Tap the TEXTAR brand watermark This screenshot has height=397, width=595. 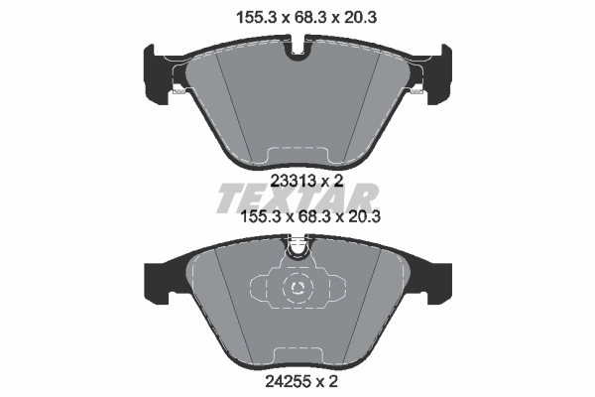click(x=297, y=198)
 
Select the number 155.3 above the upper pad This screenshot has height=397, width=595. click(x=237, y=16)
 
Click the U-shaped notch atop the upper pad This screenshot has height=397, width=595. click(x=297, y=51)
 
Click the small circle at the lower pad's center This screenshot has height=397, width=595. click(x=297, y=289)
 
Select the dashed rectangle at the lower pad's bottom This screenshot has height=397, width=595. click(x=297, y=358)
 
